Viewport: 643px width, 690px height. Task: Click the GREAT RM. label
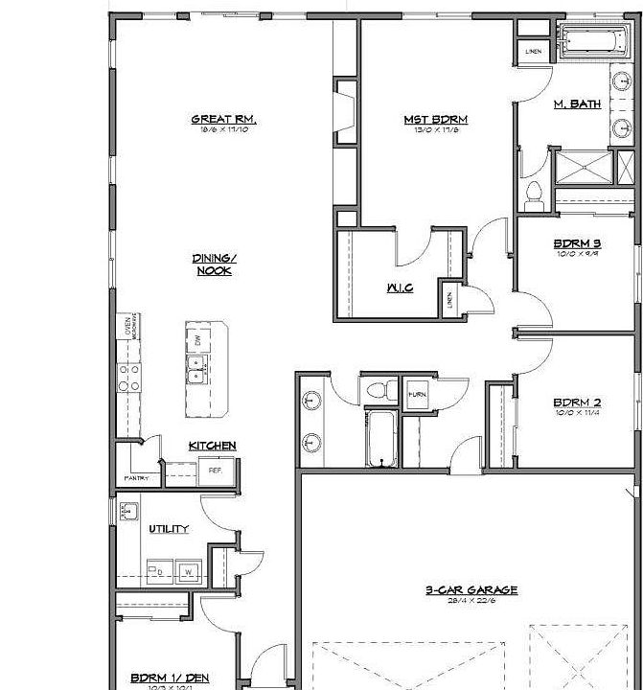point(224,120)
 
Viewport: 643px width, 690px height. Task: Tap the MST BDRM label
point(435,120)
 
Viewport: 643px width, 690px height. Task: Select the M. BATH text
point(578,103)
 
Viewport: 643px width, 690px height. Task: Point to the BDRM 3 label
point(578,243)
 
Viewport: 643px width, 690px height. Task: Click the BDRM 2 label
point(577,402)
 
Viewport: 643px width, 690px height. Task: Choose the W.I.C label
point(400,287)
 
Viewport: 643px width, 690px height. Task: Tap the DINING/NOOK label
point(213,264)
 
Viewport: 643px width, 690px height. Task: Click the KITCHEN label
point(212,446)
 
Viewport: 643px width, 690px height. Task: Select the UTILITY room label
point(169,529)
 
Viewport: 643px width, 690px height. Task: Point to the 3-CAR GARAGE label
point(471,590)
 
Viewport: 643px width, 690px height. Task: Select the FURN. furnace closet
point(417,394)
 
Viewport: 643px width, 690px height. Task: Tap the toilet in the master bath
point(535,195)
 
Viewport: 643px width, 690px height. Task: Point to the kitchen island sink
point(198,368)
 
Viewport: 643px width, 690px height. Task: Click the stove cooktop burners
point(128,376)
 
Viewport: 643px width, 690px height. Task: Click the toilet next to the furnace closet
point(379,390)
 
